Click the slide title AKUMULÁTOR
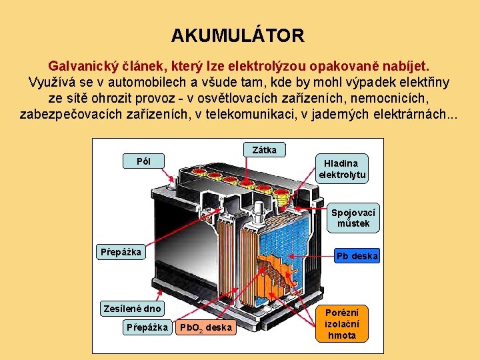(237, 35)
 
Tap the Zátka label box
(265, 150)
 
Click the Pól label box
(143, 161)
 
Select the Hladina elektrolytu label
(341, 169)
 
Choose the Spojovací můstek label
(353, 218)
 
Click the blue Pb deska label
(357, 256)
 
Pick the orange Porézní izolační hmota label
(342, 323)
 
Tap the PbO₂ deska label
(206, 327)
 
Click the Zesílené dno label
(132, 308)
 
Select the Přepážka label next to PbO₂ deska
(147, 327)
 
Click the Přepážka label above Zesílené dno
(121, 252)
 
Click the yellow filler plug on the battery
(282, 197)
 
